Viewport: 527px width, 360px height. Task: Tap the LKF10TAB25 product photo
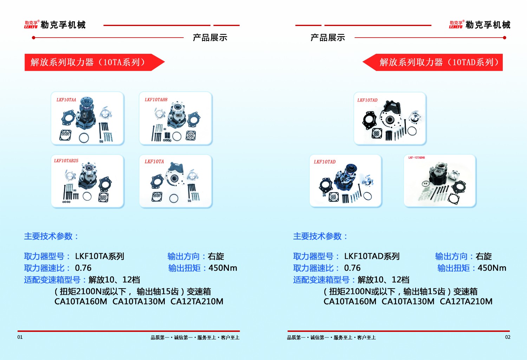click(87, 181)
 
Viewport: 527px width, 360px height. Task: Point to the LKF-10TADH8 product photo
click(440, 181)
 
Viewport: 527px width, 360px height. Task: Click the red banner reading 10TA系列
click(91, 62)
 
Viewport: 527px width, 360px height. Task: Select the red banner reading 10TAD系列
click(436, 62)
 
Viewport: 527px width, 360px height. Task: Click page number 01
click(20, 337)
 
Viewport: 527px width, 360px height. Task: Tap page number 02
click(508, 337)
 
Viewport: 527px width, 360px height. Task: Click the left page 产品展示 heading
click(210, 38)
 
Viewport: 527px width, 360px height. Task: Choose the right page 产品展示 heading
click(328, 38)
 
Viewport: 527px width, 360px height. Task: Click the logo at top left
click(55, 25)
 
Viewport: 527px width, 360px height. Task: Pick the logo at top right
click(480, 25)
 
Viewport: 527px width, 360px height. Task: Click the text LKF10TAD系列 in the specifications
click(372, 256)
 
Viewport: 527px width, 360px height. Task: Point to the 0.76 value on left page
click(83, 268)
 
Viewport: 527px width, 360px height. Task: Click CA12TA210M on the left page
click(197, 302)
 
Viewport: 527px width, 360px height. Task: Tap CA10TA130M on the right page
click(408, 302)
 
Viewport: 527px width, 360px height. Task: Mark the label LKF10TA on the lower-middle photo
click(154, 162)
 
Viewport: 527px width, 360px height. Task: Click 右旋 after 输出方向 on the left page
click(216, 256)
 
